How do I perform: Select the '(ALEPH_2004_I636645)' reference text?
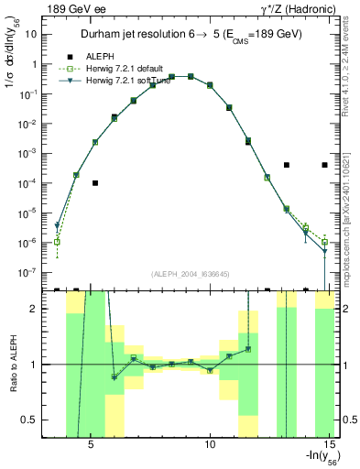(x=191, y=274)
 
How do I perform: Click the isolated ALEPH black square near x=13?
(x=287, y=165)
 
